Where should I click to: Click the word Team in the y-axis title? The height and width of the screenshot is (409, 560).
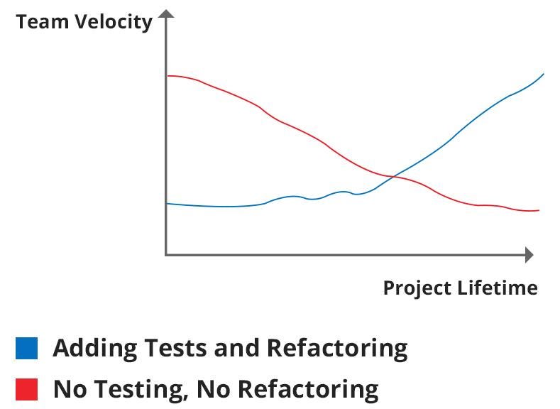[42, 21]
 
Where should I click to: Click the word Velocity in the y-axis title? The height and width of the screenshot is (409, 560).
[114, 23]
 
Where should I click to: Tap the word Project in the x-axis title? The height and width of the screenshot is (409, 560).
[417, 288]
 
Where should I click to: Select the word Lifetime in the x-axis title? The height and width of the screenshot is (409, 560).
[497, 287]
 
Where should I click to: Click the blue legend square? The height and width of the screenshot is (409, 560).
[26, 348]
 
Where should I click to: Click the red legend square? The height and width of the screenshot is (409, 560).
[26, 389]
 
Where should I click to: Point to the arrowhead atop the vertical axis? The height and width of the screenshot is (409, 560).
[165, 13]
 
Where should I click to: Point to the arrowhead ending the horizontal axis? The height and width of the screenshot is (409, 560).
[529, 255]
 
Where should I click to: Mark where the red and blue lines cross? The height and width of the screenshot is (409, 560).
[394, 177]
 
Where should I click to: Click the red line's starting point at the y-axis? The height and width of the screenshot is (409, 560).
[168, 76]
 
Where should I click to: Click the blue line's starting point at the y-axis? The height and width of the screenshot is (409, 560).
[168, 204]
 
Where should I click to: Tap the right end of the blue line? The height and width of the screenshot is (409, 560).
[543, 74]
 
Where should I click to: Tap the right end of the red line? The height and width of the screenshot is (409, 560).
[539, 210]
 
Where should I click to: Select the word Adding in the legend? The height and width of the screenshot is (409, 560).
[94, 349]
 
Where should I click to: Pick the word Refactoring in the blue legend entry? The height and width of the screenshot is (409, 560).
[337, 349]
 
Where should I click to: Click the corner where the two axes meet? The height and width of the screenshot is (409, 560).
[166, 255]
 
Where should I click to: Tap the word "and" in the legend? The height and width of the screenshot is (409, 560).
[236, 348]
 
